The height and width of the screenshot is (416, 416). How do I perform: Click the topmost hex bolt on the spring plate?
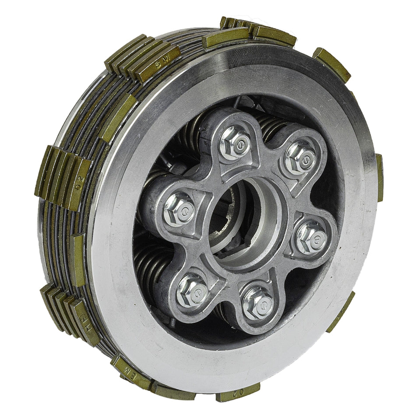click(235, 144)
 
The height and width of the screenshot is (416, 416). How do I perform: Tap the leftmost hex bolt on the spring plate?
click(179, 209)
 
